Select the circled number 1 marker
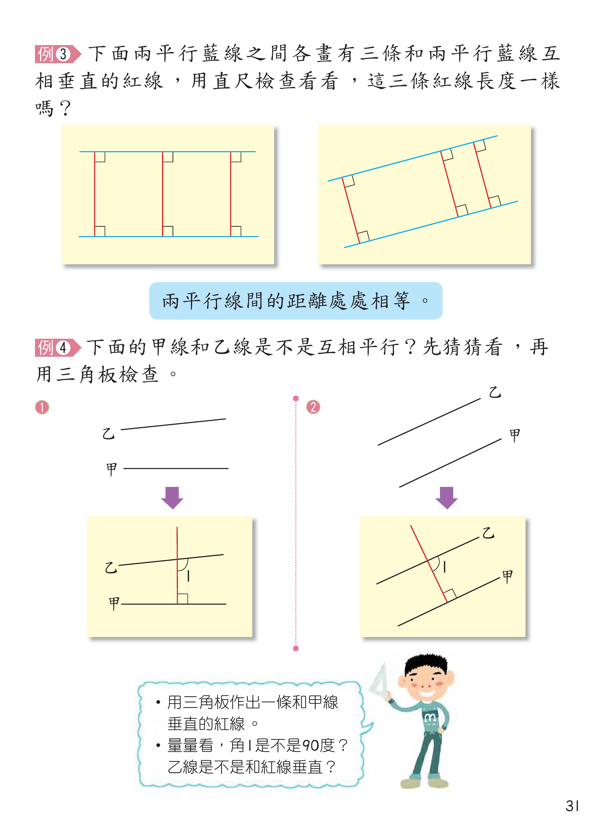click(42, 407)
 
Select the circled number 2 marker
click(313, 407)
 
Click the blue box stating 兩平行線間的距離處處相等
click(296, 301)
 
